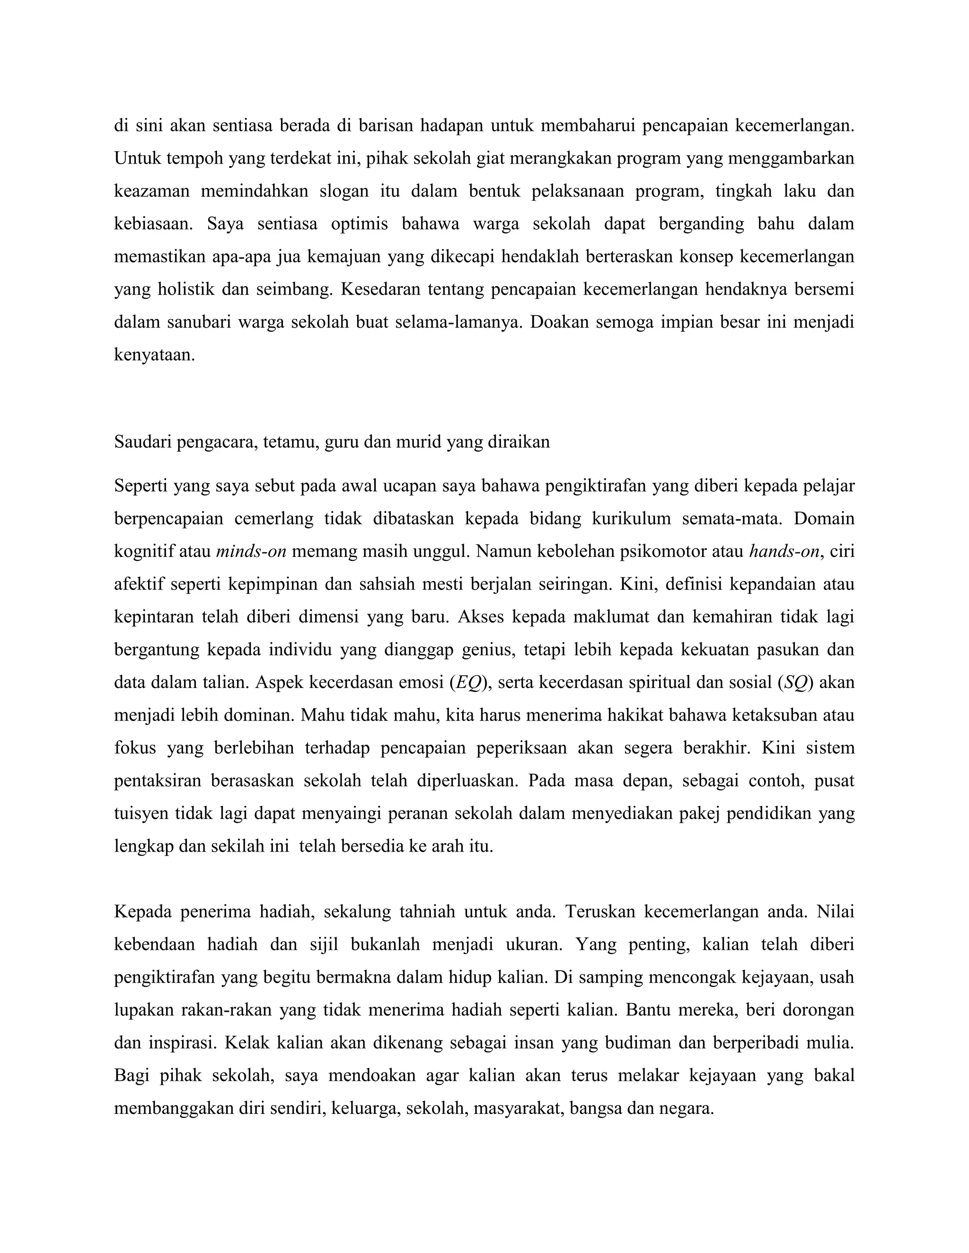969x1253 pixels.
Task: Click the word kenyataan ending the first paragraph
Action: point(154,355)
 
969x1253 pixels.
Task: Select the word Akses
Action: point(481,618)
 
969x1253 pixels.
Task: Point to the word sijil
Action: point(323,944)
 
